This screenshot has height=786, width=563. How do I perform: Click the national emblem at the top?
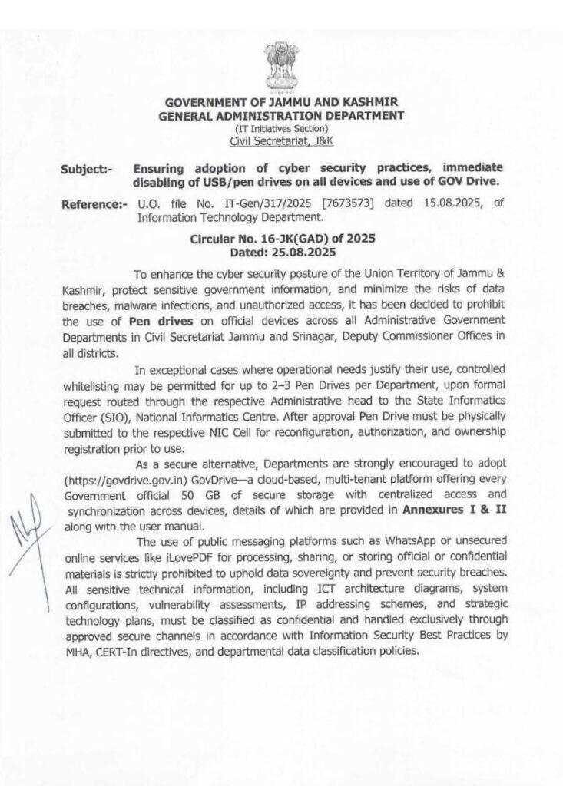[x=280, y=68]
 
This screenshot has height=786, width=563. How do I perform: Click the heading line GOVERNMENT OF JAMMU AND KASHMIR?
[x=280, y=103]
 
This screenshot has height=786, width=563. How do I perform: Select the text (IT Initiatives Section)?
[x=281, y=128]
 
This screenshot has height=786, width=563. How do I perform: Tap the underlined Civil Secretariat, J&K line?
[x=281, y=140]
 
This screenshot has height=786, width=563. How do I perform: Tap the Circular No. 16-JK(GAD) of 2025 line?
[x=282, y=239]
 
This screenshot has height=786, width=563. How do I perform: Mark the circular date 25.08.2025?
[x=304, y=252]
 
